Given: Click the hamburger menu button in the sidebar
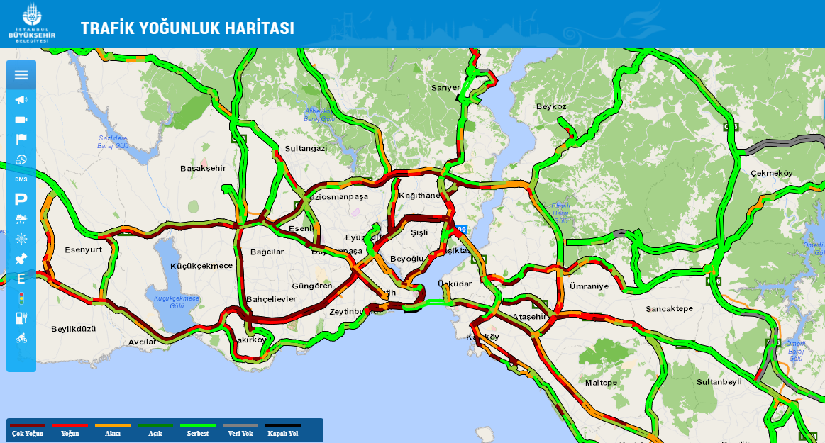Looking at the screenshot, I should click(x=21, y=74).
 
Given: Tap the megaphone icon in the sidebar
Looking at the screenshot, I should click(x=21, y=99).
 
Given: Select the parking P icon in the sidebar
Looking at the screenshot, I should click(x=21, y=199).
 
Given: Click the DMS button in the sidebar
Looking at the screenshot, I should click(x=21, y=179).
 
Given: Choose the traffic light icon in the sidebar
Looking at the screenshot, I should click(x=21, y=298).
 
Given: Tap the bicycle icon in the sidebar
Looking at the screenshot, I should click(x=21, y=338).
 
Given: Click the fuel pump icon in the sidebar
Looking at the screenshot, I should click(x=21, y=318).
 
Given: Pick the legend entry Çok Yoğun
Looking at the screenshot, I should click(x=27, y=430).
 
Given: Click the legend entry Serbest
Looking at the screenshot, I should click(x=197, y=430).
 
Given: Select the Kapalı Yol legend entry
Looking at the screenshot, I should click(x=282, y=430).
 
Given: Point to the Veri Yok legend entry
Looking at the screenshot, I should click(x=240, y=430).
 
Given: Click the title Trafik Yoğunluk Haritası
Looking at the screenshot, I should click(x=187, y=28).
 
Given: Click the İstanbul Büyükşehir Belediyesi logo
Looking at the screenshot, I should click(x=29, y=23).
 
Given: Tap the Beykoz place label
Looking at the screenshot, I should click(x=551, y=106).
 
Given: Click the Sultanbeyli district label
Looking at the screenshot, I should click(x=719, y=381).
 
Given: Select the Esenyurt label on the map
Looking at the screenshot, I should click(x=84, y=249).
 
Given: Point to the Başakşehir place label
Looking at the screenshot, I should click(x=203, y=168).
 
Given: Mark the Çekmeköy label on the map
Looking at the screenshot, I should click(x=771, y=173).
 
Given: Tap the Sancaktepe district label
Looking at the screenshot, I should click(x=669, y=309).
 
